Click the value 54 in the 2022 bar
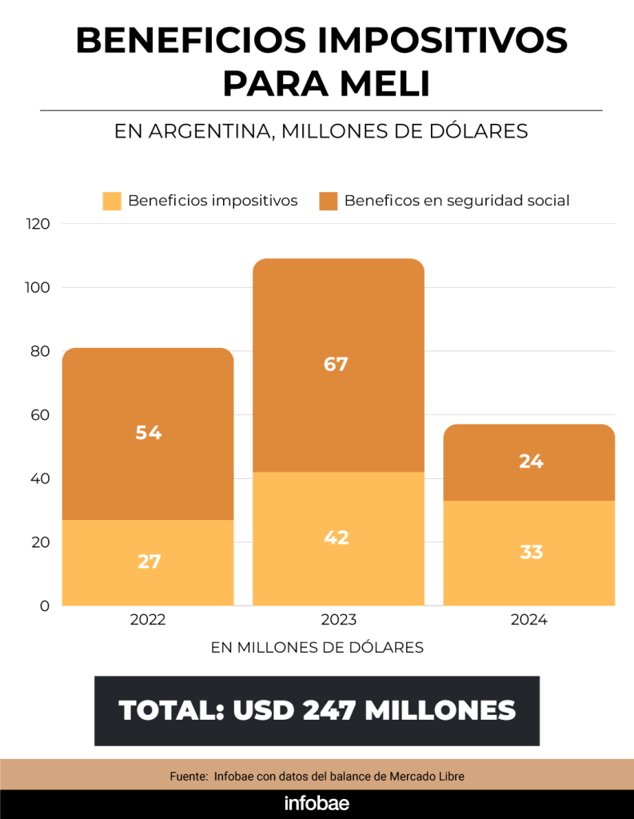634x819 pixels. click(149, 433)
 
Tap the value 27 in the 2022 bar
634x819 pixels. click(149, 561)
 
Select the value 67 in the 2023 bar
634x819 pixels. click(336, 365)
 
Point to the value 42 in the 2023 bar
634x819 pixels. click(336, 537)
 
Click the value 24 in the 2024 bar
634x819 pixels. click(531, 461)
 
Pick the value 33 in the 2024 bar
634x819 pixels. click(531, 552)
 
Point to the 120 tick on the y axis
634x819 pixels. click(38, 224)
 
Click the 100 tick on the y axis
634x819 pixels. click(38, 287)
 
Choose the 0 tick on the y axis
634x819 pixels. click(46, 605)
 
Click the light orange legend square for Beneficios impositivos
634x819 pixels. click(112, 201)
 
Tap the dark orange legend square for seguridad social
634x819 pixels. click(328, 201)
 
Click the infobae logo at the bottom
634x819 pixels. click(317, 804)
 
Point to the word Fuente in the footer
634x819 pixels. click(189, 777)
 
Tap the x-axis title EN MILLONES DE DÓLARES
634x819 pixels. click(317, 648)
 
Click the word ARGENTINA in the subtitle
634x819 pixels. click(205, 131)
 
